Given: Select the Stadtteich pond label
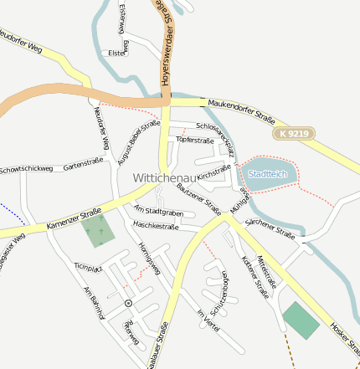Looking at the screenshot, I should tap(268, 174).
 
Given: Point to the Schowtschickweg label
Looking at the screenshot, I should tap(27, 169).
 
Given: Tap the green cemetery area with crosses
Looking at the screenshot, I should tap(98, 231).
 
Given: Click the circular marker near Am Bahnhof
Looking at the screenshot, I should tap(128, 302).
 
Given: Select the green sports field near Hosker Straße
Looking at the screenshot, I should tap(301, 320).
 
